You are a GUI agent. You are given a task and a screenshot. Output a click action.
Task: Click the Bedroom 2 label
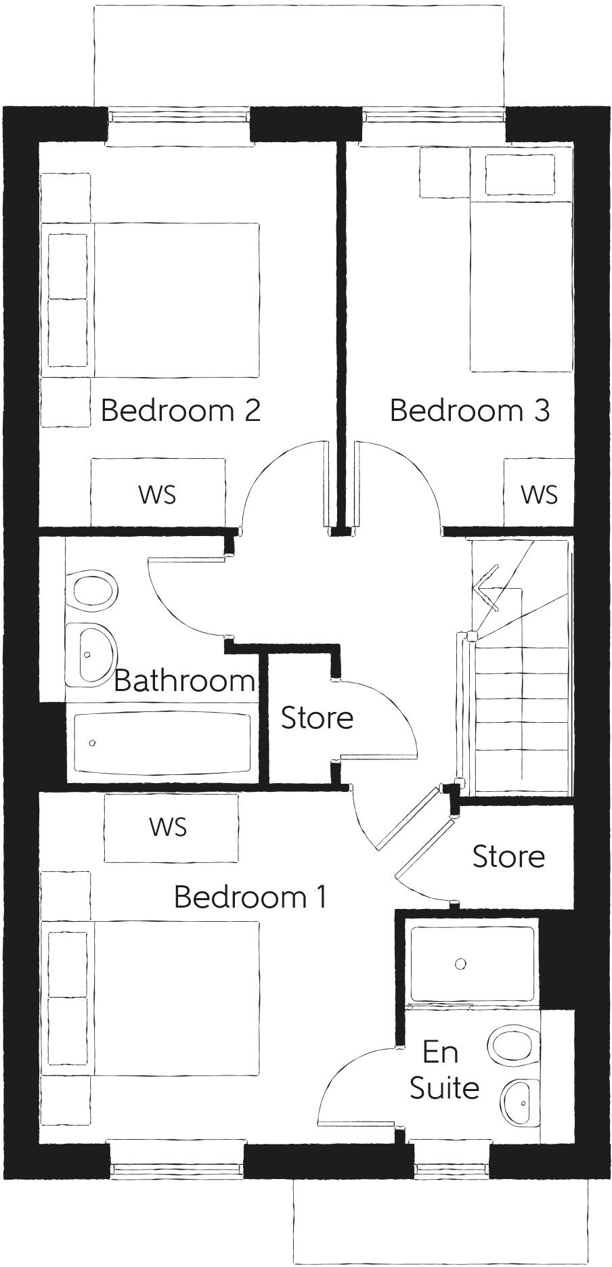180,410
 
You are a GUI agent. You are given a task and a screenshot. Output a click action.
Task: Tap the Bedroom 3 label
469,410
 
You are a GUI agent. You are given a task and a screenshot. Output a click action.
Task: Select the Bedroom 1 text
250,897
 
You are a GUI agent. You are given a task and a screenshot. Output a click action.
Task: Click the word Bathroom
183,680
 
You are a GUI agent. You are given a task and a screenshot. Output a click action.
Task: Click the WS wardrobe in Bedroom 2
158,494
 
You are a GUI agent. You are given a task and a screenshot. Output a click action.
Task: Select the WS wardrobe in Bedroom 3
539,494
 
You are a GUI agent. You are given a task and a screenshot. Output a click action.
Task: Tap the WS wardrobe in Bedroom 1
169,826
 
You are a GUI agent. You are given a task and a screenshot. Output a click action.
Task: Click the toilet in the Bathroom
93,589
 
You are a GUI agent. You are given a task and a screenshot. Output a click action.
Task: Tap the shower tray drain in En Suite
461,964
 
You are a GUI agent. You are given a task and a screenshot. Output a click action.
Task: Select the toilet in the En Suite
515,1046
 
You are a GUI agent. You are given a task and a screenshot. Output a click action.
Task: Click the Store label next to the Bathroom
317,718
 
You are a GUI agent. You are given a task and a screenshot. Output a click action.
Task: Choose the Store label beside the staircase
508,856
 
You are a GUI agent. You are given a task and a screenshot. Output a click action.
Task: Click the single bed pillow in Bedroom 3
519,175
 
